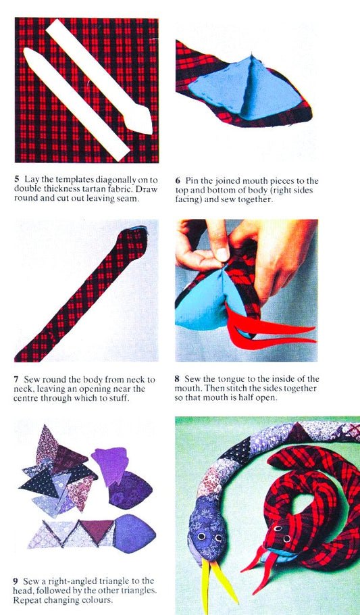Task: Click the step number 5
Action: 17,180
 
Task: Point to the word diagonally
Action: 118,180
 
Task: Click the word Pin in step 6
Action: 191,181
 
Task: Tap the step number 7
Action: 16,380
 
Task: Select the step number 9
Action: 16,581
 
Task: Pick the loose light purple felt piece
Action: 111,465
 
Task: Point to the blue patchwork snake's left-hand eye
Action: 201,535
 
